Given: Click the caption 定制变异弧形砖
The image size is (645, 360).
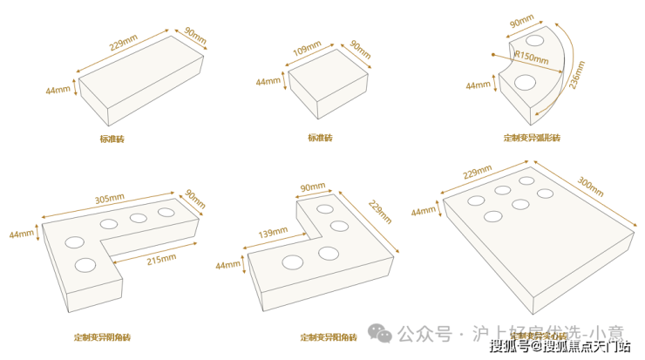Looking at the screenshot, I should [532, 139].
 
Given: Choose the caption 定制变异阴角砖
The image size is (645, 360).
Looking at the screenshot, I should [102, 336].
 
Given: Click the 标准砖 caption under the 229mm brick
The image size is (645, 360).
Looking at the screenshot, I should [112, 139].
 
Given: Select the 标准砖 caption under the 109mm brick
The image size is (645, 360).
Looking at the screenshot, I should [320, 139].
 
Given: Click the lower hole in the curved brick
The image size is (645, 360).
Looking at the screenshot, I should [525, 83].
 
